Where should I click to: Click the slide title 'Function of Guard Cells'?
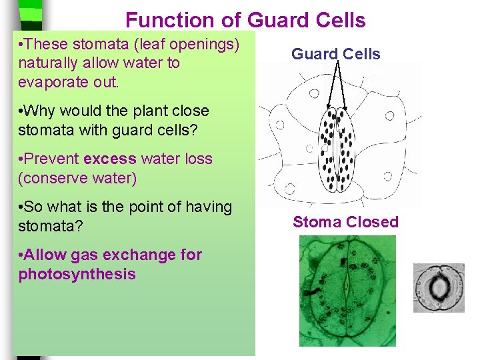pos(245,20)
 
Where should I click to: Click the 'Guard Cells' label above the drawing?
pos(335,54)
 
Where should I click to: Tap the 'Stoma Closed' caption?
pos(345,222)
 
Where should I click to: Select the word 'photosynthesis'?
pos(77,274)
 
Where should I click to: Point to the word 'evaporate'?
pos(50,83)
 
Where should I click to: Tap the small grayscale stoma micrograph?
pos(439,288)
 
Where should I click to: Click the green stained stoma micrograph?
pos(347,291)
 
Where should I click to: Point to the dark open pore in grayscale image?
pos(439,289)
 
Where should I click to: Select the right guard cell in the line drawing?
pos(345,150)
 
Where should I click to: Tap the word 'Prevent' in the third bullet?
pos(53,159)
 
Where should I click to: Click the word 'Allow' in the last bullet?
pos(46,255)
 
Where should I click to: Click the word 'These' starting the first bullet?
pos(47,45)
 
